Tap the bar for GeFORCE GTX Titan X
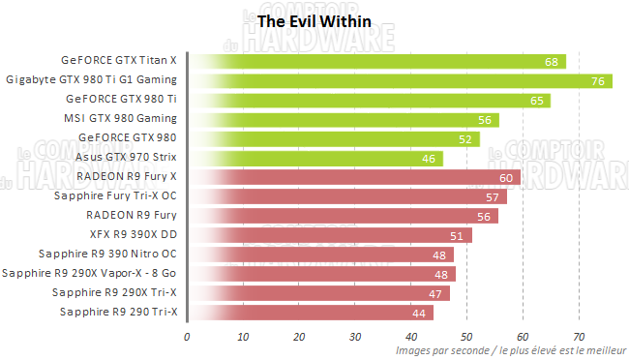point(376,61)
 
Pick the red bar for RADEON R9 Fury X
point(354,177)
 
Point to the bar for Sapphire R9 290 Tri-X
point(310,312)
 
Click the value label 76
point(596,80)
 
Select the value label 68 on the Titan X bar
point(551,61)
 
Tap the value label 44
point(418,312)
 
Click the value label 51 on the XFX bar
point(457,235)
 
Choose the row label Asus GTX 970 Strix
point(133,157)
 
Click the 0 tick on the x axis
point(188,337)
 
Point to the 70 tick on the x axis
point(579,337)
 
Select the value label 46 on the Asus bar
point(429,158)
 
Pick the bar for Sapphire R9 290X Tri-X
point(318,292)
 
